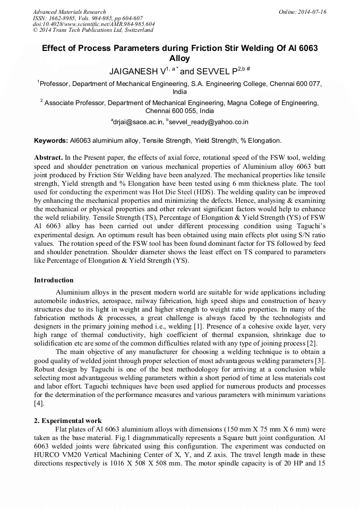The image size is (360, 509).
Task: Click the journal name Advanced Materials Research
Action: (x=69, y=12)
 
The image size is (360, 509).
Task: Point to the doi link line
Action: (x=93, y=24)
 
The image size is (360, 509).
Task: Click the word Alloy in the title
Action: (x=179, y=58)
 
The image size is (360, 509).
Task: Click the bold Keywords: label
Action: (x=51, y=141)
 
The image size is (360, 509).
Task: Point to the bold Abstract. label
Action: (x=48, y=158)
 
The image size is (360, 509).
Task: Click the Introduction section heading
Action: (x=54, y=280)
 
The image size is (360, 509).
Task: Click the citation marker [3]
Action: (x=321, y=361)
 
